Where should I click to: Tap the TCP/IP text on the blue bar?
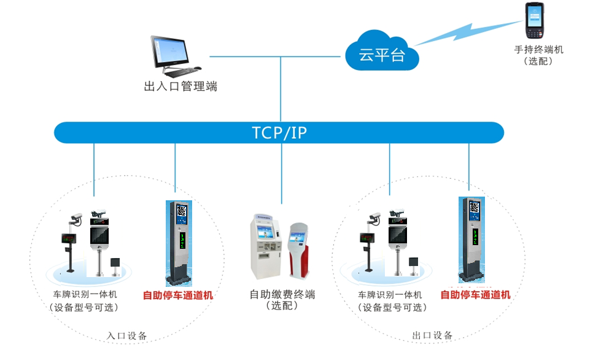coord(279,133)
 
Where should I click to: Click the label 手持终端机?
coord(538,50)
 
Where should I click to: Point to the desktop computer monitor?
coord(168,52)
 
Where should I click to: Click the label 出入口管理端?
coord(180,87)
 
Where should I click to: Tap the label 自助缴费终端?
coord(282,294)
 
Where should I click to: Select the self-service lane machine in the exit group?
coord(473,240)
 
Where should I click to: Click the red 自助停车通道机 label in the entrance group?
coord(178,295)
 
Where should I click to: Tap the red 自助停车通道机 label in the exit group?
coord(476,295)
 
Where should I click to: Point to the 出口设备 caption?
coord(432,335)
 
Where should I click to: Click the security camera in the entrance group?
coord(76,217)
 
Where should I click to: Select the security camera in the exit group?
coord(374,217)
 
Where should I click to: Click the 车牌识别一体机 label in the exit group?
coord(390,295)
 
